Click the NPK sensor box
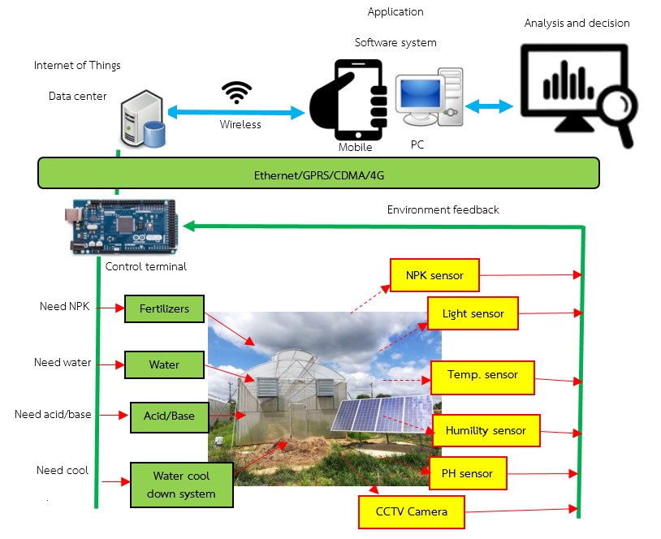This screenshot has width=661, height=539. point(434,275)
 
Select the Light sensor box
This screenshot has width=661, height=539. point(473,314)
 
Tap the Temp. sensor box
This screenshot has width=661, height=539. point(482,376)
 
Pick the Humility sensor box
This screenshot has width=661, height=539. point(486,430)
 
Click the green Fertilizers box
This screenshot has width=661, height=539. point(164,309)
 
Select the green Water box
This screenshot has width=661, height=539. point(164,364)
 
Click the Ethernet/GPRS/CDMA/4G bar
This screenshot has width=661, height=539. point(318,174)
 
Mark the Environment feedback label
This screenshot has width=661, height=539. point(443,209)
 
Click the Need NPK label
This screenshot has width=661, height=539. point(65,307)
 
